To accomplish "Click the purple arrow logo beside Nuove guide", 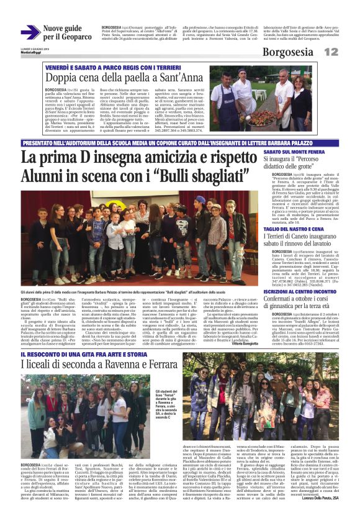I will coord(30,32).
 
